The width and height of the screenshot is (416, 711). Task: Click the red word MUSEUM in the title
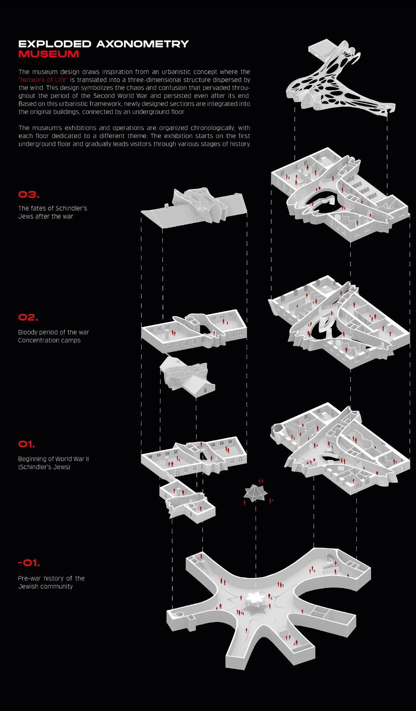click(49, 54)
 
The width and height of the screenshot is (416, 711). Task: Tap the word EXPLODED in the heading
click(55, 44)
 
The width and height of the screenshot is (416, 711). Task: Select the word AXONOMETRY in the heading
click(143, 44)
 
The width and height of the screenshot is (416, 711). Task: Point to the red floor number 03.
click(29, 195)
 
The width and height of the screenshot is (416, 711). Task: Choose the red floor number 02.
click(28, 317)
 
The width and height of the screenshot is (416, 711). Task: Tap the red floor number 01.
click(26, 444)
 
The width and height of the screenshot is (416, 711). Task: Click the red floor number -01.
click(29, 563)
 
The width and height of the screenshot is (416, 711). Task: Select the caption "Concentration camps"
click(49, 340)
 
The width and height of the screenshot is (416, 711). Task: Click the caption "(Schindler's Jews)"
click(44, 467)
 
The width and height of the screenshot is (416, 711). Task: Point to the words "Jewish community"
click(45, 587)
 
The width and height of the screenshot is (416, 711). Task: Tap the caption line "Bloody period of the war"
click(54, 332)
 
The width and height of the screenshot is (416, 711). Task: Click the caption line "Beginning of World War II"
click(54, 459)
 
